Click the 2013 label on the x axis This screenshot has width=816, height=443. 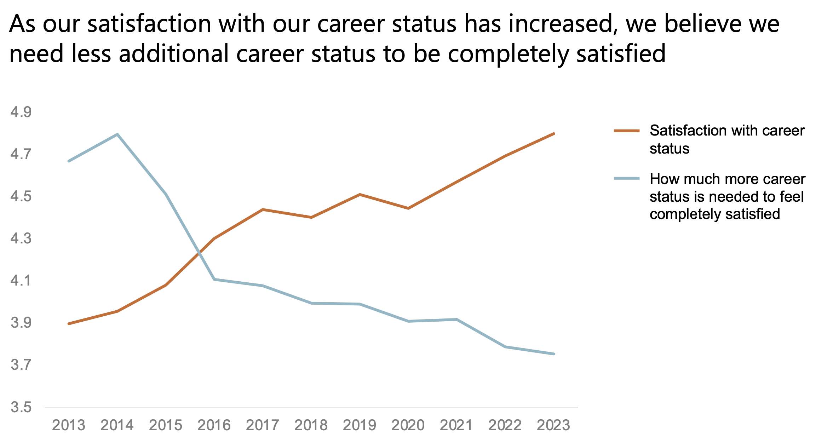(x=68, y=425)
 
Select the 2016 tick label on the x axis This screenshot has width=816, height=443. (x=214, y=425)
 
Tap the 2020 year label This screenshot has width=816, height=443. (x=408, y=425)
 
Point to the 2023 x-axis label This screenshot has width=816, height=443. (x=553, y=425)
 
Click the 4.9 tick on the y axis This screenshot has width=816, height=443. (x=21, y=113)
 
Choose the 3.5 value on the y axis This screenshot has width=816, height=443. (x=21, y=407)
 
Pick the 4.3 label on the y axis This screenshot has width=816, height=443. (x=21, y=239)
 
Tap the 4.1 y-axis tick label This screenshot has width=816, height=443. (x=21, y=281)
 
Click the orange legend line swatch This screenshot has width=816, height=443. (x=627, y=131)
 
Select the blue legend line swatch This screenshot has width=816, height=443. (x=627, y=179)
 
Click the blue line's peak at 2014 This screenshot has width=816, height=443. (x=117, y=134)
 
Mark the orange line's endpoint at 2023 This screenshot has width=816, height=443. (x=553, y=134)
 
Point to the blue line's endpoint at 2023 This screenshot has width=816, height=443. (x=553, y=354)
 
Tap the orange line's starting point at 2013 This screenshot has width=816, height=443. (x=68, y=324)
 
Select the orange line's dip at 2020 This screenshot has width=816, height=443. (x=408, y=208)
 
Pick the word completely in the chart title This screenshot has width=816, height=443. (x=508, y=54)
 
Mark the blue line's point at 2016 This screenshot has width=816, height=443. (x=214, y=280)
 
